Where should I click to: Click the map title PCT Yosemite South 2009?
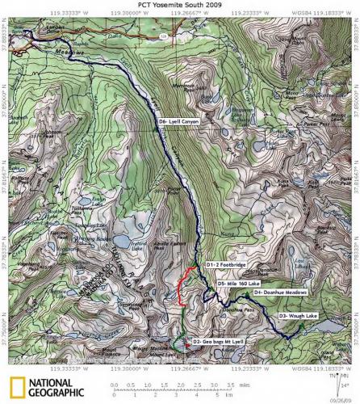point(181,5)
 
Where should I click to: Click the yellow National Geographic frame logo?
point(15,386)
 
